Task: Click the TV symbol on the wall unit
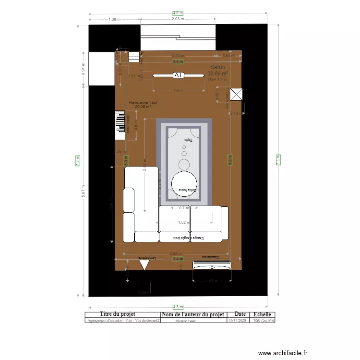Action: click(178, 75)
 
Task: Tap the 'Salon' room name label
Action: click(217, 68)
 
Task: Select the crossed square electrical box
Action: click(237, 95)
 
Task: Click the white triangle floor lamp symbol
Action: click(144, 264)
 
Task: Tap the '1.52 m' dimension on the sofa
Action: click(182, 222)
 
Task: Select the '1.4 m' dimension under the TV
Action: click(178, 90)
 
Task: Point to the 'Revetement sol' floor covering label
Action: click(143, 102)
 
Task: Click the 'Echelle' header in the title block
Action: click(261, 314)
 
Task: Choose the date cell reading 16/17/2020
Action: click(237, 320)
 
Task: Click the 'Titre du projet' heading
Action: click(121, 314)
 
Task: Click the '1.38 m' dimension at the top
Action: click(114, 19)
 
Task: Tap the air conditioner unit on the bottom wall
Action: click(212, 264)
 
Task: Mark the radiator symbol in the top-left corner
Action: click(133, 57)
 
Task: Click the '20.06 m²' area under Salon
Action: click(218, 74)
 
